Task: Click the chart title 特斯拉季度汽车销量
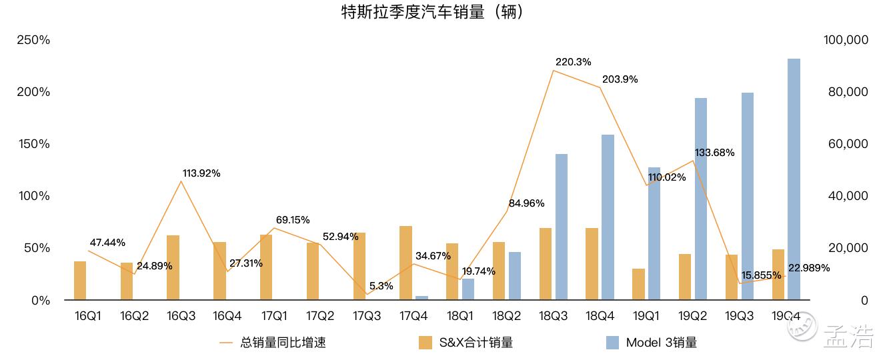[x=431, y=12]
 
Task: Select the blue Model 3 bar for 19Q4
[x=794, y=179]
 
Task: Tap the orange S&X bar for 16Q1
[x=80, y=281]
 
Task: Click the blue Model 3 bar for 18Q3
[x=562, y=227]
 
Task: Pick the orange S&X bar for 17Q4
[x=405, y=263]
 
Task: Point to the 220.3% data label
[x=573, y=62]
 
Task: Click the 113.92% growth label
[x=201, y=173]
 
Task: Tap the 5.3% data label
[x=381, y=286]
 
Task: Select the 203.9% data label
[x=620, y=79]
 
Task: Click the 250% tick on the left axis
[x=33, y=40]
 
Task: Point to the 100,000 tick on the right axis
[x=846, y=40]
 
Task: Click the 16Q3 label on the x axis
[x=181, y=316]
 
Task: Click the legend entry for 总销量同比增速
[x=273, y=343]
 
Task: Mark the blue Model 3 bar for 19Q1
[x=654, y=233]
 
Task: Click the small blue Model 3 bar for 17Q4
[x=421, y=298]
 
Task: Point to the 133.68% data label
[x=714, y=153]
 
